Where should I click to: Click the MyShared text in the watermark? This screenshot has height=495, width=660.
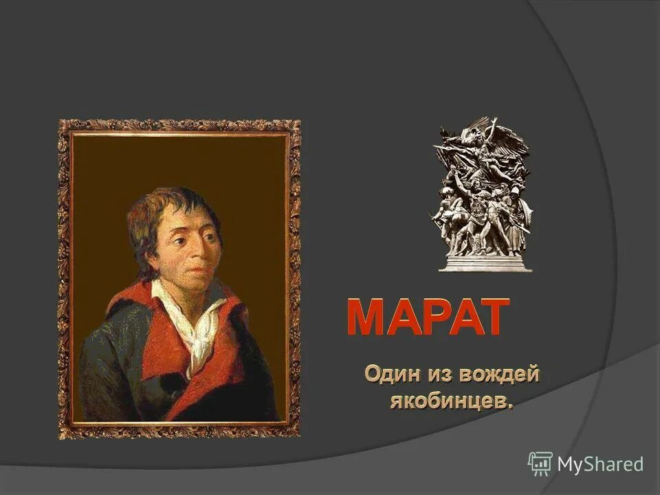599,465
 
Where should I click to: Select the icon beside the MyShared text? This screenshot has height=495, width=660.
540,464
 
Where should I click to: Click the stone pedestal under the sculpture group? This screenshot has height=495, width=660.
485,262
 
